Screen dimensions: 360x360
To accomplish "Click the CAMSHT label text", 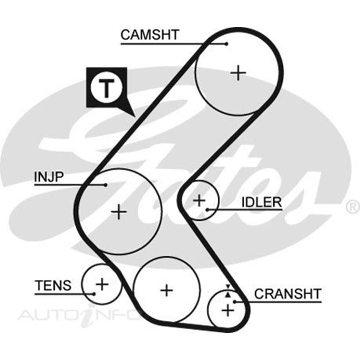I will point(149,35).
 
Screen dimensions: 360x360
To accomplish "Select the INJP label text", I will point(49,177).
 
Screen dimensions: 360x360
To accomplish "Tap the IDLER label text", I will point(262,202).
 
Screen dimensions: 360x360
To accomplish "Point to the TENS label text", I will point(53,285).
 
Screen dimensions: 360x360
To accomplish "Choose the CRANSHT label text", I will point(288,294).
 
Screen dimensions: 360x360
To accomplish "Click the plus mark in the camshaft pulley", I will point(238,73).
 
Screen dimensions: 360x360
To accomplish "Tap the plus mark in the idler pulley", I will point(199,200).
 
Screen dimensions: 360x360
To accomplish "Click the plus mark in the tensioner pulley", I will point(102,284).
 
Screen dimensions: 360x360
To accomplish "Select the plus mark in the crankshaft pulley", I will point(228,310).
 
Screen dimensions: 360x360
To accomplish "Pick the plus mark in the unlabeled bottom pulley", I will point(166,290).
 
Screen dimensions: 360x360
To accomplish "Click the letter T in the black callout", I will point(106,88).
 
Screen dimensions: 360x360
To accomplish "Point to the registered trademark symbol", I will point(353,207).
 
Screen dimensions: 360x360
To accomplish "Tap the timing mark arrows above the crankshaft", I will point(228,290).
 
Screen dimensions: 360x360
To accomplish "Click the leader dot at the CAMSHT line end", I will point(226,44).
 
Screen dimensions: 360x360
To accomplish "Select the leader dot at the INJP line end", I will point(105,185).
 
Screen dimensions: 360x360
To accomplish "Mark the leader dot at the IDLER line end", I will point(207,209).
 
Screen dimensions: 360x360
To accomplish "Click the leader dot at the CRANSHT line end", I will point(235,301).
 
